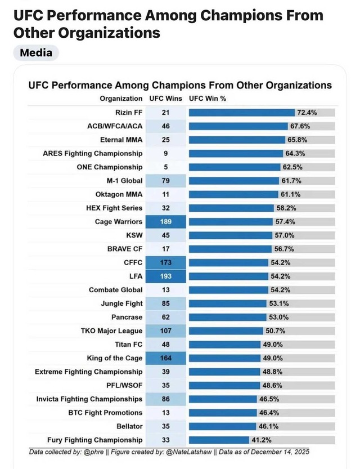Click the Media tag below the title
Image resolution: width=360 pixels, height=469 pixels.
pos(36,53)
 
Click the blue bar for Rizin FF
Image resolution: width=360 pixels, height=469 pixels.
pos(242,113)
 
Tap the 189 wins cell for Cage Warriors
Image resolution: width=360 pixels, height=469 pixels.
pos(165,222)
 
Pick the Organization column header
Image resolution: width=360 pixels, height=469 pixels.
pos(121,99)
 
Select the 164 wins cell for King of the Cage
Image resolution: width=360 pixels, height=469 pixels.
pos(165,358)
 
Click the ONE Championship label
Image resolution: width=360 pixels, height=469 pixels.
pos(110,167)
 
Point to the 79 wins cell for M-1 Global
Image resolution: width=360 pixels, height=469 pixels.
pos(165,181)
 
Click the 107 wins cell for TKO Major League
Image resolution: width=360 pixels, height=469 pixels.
pos(165,331)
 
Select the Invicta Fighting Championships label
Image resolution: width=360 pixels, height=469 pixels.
pos(89,399)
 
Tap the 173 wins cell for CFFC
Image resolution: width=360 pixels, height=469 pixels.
pos(165,262)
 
